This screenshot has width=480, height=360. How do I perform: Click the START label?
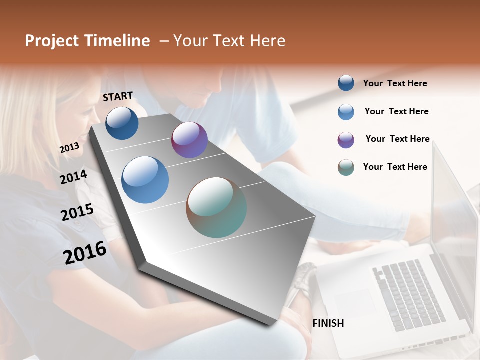pos(118,96)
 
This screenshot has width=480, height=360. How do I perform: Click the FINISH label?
pos(328,323)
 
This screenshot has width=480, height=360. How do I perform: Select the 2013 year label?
pos(69,147)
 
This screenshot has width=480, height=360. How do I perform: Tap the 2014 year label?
pos(73,177)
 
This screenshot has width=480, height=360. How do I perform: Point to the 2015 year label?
pos(77,212)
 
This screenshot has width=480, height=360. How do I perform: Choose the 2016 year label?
pos(85,253)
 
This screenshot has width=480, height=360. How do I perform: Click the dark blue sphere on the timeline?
pos(122,123)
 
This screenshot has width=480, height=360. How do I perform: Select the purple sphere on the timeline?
pos(189,140)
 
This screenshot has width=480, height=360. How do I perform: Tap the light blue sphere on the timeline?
pos(145,180)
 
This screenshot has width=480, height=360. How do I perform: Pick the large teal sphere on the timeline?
pos(216,207)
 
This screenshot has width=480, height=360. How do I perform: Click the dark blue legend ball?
pos(346,83)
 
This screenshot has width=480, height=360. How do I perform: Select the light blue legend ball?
pos(346,111)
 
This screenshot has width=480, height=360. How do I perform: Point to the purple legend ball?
pos(346,140)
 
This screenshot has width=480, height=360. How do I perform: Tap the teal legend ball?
pos(346,167)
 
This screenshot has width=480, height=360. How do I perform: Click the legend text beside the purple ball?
pos(397,139)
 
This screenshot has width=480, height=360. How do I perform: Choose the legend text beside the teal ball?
pos(395,167)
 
